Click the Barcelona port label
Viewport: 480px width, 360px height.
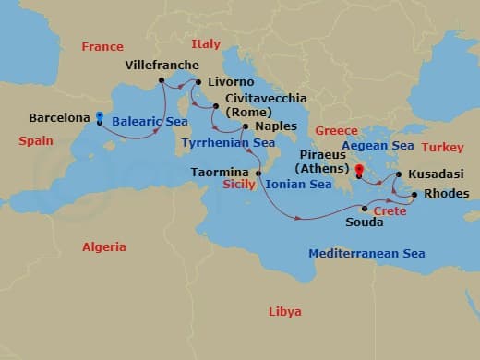(x=60, y=118)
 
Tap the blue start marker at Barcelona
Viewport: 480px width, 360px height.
(x=100, y=117)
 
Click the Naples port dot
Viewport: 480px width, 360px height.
(x=245, y=126)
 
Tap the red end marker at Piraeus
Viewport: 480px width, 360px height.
(x=359, y=169)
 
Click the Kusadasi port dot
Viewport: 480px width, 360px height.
(x=398, y=174)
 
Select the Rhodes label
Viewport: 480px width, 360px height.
(x=447, y=194)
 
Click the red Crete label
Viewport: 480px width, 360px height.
(x=390, y=210)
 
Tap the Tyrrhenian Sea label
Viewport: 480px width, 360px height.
(x=228, y=143)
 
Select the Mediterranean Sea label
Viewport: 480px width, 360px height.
(x=366, y=253)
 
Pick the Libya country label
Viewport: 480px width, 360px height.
(x=285, y=311)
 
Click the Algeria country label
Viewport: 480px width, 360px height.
(x=104, y=246)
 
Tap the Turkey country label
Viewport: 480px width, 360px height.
(x=443, y=147)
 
